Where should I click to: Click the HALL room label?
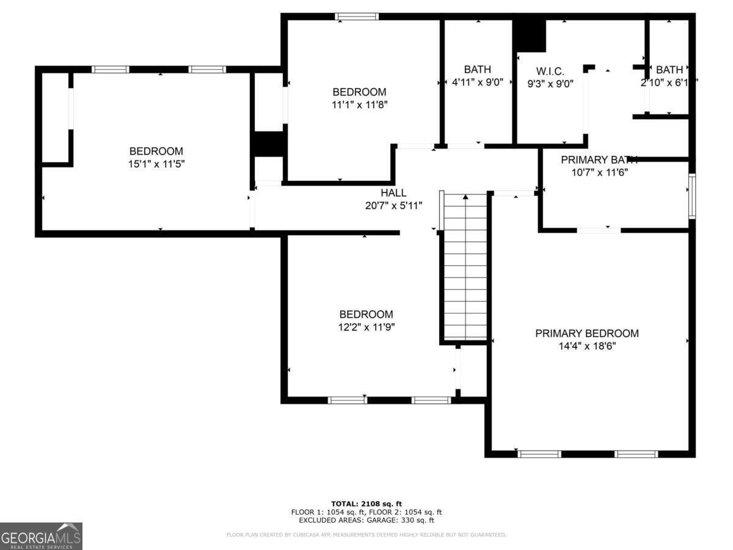[393, 193]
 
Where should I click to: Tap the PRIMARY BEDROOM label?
[586, 333]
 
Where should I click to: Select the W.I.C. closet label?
[550, 71]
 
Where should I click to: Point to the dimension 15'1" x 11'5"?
[156, 164]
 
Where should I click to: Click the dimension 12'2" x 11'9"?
[366, 327]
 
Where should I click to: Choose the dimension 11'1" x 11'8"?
[359, 105]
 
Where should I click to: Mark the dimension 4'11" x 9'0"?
[477, 82]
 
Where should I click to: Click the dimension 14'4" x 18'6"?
[586, 346]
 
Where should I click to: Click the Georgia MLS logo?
[41, 536]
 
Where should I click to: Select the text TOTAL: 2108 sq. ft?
[366, 504]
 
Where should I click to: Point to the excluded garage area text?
[366, 521]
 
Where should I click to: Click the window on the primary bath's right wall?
[692, 196]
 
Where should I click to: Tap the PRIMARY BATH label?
[599, 159]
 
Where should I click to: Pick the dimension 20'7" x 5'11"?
[393, 205]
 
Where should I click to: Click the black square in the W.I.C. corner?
[529, 35]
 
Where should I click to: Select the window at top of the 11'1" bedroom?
[357, 17]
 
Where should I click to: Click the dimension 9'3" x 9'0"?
[550, 84]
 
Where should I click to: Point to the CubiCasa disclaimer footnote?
[366, 535]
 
